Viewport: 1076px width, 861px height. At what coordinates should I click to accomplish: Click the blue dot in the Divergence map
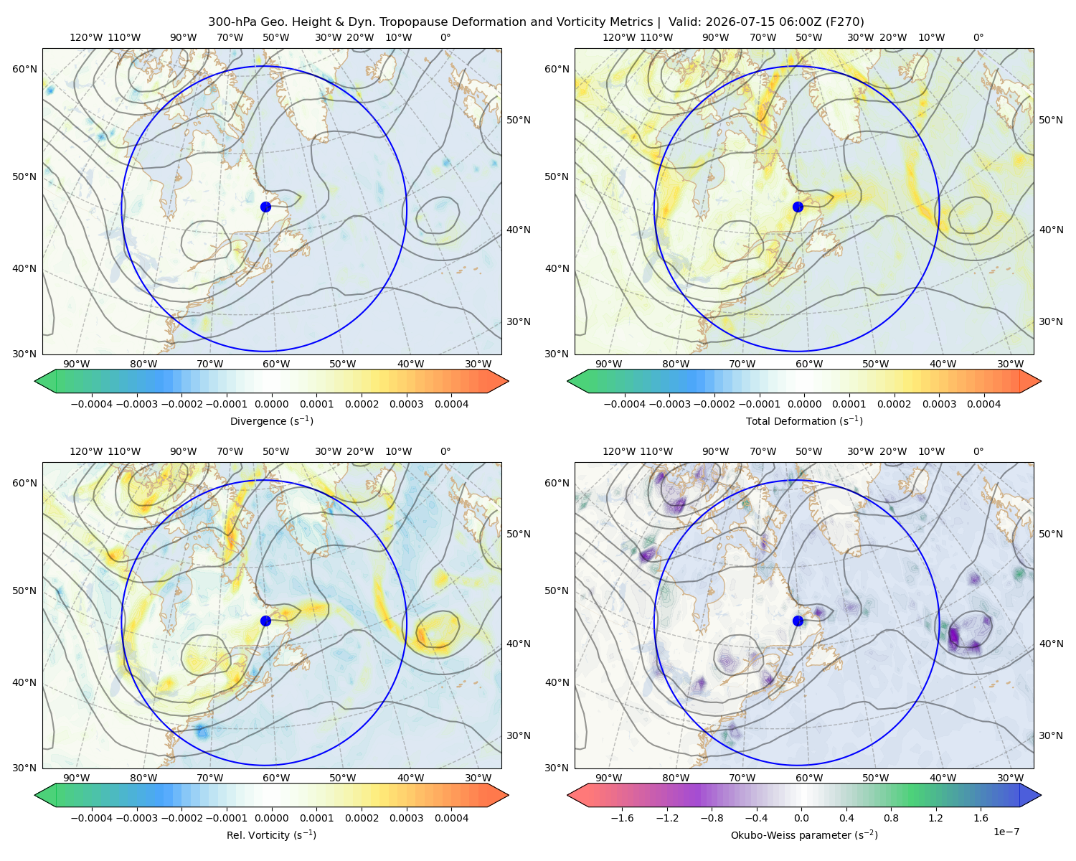(x=265, y=207)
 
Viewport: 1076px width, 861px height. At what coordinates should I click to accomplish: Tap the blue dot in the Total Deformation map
(x=798, y=207)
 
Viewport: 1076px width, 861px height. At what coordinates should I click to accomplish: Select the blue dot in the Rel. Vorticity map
(x=265, y=621)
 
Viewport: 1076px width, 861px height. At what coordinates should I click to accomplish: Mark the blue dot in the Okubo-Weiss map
(x=798, y=621)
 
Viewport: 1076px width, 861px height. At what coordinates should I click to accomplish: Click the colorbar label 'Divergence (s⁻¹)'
(x=271, y=421)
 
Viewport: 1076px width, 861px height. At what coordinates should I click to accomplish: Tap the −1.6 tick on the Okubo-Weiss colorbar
(x=622, y=818)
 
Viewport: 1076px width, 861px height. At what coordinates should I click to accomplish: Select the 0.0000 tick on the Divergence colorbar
(x=271, y=404)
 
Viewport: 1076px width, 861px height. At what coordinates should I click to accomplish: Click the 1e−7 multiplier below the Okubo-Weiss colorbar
(x=1006, y=832)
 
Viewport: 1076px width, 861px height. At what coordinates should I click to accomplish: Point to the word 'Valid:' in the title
(x=684, y=22)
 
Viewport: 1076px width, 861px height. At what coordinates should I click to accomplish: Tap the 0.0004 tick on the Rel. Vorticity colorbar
(x=451, y=818)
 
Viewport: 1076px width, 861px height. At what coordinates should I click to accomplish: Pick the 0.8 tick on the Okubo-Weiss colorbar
(x=891, y=818)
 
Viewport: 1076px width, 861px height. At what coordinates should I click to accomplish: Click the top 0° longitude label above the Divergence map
(x=445, y=37)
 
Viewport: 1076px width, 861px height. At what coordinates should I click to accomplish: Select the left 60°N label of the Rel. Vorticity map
(x=24, y=484)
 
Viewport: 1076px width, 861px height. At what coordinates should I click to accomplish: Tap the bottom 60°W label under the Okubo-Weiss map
(x=809, y=778)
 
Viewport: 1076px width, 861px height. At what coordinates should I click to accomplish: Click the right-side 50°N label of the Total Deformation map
(x=1050, y=120)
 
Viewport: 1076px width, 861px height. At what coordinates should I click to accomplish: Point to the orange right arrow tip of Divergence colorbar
(x=508, y=381)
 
